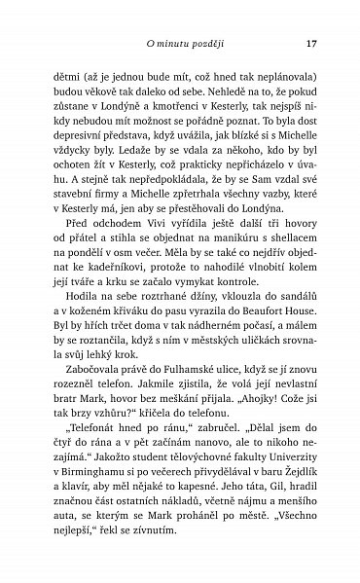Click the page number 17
[311, 43]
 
